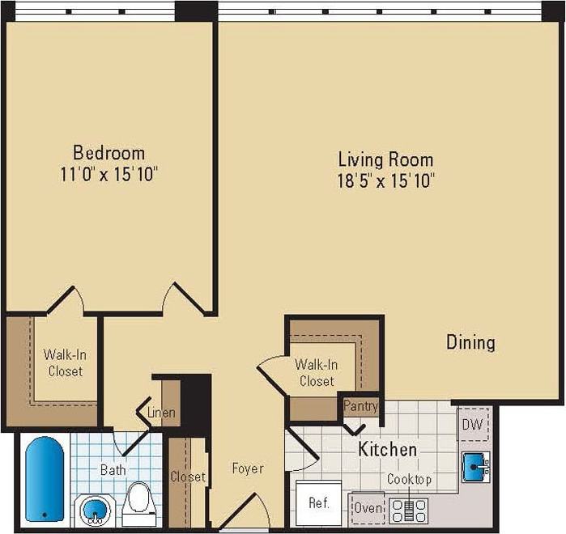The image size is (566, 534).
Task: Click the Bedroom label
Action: [x=109, y=152]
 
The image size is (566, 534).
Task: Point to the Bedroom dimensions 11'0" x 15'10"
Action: [x=109, y=173]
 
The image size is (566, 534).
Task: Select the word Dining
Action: [x=470, y=342]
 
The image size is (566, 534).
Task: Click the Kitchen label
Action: [x=388, y=449]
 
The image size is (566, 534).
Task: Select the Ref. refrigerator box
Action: [x=319, y=502]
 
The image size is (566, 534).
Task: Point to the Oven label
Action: [x=368, y=508]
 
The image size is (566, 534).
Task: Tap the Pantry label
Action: [x=360, y=405]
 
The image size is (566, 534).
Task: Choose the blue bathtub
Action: [x=44, y=478]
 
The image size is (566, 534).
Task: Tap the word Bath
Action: [x=113, y=469]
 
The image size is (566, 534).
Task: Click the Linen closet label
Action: [x=161, y=413]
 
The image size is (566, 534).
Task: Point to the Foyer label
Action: [x=247, y=468]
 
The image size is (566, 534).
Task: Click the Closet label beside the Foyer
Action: [x=187, y=477]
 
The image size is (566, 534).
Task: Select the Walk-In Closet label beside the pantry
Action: [x=316, y=372]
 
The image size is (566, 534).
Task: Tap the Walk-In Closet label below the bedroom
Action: [x=63, y=362]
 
